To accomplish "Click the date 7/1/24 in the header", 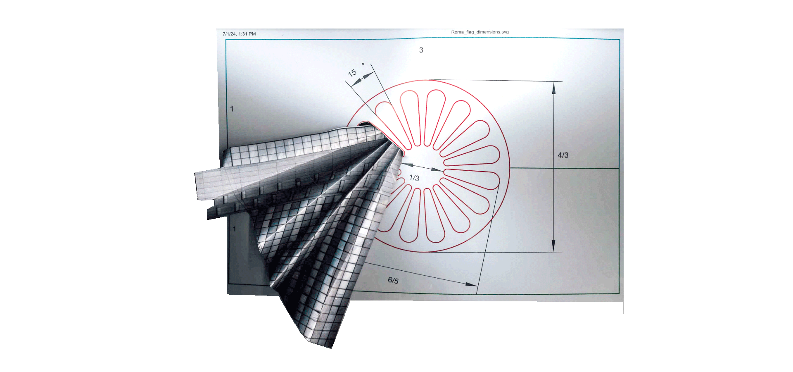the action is (229, 34).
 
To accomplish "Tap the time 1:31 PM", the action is (247, 34).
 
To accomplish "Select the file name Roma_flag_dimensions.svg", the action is (480, 32).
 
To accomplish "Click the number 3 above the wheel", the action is (421, 50).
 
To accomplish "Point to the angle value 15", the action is (352, 73).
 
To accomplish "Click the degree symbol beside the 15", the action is (363, 64).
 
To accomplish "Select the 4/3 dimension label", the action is (563, 155).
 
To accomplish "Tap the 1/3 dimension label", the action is (414, 178).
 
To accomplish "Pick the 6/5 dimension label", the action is (393, 280).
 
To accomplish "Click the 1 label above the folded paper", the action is (232, 109).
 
